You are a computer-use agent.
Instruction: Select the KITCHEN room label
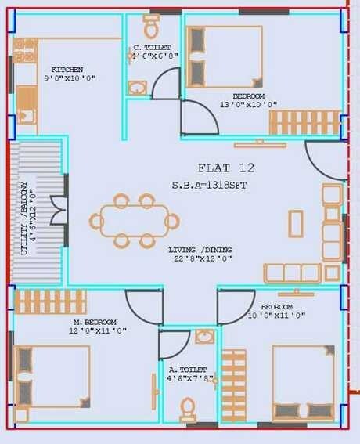click(x=67, y=70)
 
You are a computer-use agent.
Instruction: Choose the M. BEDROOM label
click(x=95, y=322)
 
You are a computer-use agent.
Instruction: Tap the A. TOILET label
click(x=188, y=369)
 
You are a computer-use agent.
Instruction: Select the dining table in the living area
click(x=134, y=221)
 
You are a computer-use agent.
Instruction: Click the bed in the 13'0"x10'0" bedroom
click(x=224, y=56)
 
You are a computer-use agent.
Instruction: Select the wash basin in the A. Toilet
click(x=204, y=337)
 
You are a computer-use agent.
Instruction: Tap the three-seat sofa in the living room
click(x=292, y=273)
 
